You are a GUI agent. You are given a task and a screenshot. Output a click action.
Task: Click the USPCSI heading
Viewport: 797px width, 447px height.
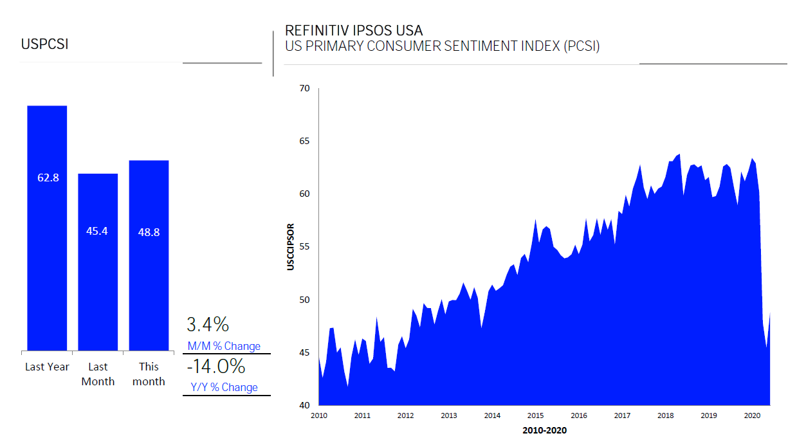44,44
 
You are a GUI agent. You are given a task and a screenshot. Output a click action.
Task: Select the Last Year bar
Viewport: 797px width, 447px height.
47,257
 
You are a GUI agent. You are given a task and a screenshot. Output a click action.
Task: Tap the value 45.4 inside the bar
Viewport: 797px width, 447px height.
97,230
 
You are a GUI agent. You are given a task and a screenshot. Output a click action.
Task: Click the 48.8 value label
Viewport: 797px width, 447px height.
149,232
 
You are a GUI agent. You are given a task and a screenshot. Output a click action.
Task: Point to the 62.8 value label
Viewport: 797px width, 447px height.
48,178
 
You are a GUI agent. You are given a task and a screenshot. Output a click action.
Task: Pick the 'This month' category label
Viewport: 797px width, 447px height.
149,374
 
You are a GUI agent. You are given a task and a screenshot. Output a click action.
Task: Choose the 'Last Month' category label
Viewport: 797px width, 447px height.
98,374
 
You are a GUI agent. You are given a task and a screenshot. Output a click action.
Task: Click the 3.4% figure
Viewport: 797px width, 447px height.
207,324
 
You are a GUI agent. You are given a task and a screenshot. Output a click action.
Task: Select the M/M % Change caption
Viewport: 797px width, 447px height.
224,346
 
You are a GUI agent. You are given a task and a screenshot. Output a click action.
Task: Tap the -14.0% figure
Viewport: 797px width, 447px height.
215,367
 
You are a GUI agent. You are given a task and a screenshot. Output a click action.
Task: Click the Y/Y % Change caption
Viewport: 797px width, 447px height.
223,387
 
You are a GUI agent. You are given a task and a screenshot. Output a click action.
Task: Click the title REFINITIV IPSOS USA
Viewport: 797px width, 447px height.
354,30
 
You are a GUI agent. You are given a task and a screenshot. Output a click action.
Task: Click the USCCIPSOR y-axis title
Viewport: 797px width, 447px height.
291,246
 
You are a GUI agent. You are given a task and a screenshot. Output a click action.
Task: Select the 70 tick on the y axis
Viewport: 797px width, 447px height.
305,88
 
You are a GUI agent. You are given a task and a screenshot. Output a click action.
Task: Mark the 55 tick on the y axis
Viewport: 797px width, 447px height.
305,246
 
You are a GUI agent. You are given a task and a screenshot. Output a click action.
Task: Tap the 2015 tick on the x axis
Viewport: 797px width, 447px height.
536,415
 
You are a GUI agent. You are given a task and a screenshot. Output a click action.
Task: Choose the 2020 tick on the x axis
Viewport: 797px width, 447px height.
752,415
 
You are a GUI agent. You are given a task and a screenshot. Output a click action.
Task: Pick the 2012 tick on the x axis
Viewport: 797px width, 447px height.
405,415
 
